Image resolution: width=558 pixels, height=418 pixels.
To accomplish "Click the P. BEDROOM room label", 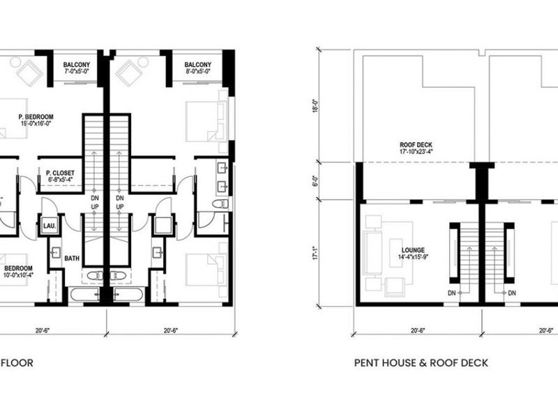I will click(x=36, y=116).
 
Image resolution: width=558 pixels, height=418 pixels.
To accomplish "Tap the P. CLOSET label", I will click(x=59, y=172).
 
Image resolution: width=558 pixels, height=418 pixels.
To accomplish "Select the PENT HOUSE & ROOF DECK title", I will click(x=421, y=362).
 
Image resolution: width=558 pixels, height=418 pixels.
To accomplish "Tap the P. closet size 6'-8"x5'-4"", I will click(x=59, y=180).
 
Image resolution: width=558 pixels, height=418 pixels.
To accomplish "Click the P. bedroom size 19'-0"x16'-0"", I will click(x=36, y=124).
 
